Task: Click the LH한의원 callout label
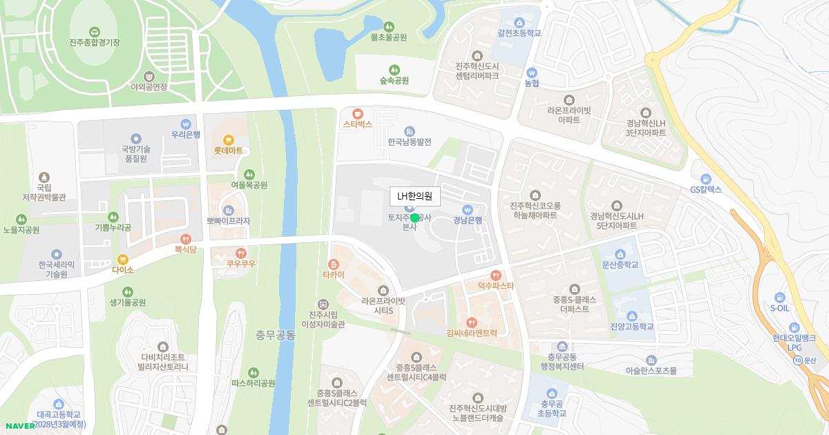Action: pos(414,196)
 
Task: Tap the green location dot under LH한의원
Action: pos(414,217)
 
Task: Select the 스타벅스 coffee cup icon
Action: pos(357,114)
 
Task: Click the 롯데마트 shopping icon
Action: pos(228,139)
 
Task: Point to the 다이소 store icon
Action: pos(123,260)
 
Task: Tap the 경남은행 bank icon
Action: pos(467,210)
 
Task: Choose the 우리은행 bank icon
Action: pos(186,124)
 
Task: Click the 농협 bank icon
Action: pos(531,72)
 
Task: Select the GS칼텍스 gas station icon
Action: pos(705,179)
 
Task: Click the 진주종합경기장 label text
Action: pos(95,42)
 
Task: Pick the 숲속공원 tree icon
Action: pos(394,70)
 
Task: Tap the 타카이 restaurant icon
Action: pos(334,264)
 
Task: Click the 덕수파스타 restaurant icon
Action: pos(495,275)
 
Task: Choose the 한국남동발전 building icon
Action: pos(410,131)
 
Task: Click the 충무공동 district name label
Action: pos(276,336)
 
